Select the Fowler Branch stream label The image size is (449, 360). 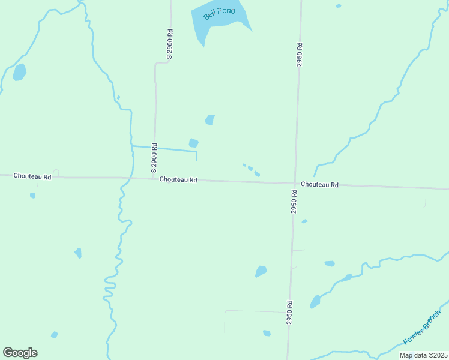(x=422, y=327)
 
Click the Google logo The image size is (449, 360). (x=20, y=353)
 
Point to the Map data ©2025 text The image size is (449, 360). (x=423, y=355)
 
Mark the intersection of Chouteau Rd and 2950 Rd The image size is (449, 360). (x=294, y=184)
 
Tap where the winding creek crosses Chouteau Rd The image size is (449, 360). (x=127, y=178)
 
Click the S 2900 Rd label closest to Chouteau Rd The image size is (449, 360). (x=154, y=155)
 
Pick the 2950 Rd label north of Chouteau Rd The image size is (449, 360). (x=298, y=54)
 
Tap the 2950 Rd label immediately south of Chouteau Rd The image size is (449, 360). (x=294, y=202)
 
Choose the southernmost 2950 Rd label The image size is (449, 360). (x=289, y=313)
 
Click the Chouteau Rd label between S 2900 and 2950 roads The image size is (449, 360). (x=178, y=179)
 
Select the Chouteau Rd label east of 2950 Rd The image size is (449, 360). (x=320, y=184)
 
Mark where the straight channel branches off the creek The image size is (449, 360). (x=132, y=146)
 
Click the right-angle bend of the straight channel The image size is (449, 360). (x=196, y=151)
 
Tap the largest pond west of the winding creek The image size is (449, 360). (x=19, y=72)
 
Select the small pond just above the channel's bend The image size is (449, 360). (x=193, y=143)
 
